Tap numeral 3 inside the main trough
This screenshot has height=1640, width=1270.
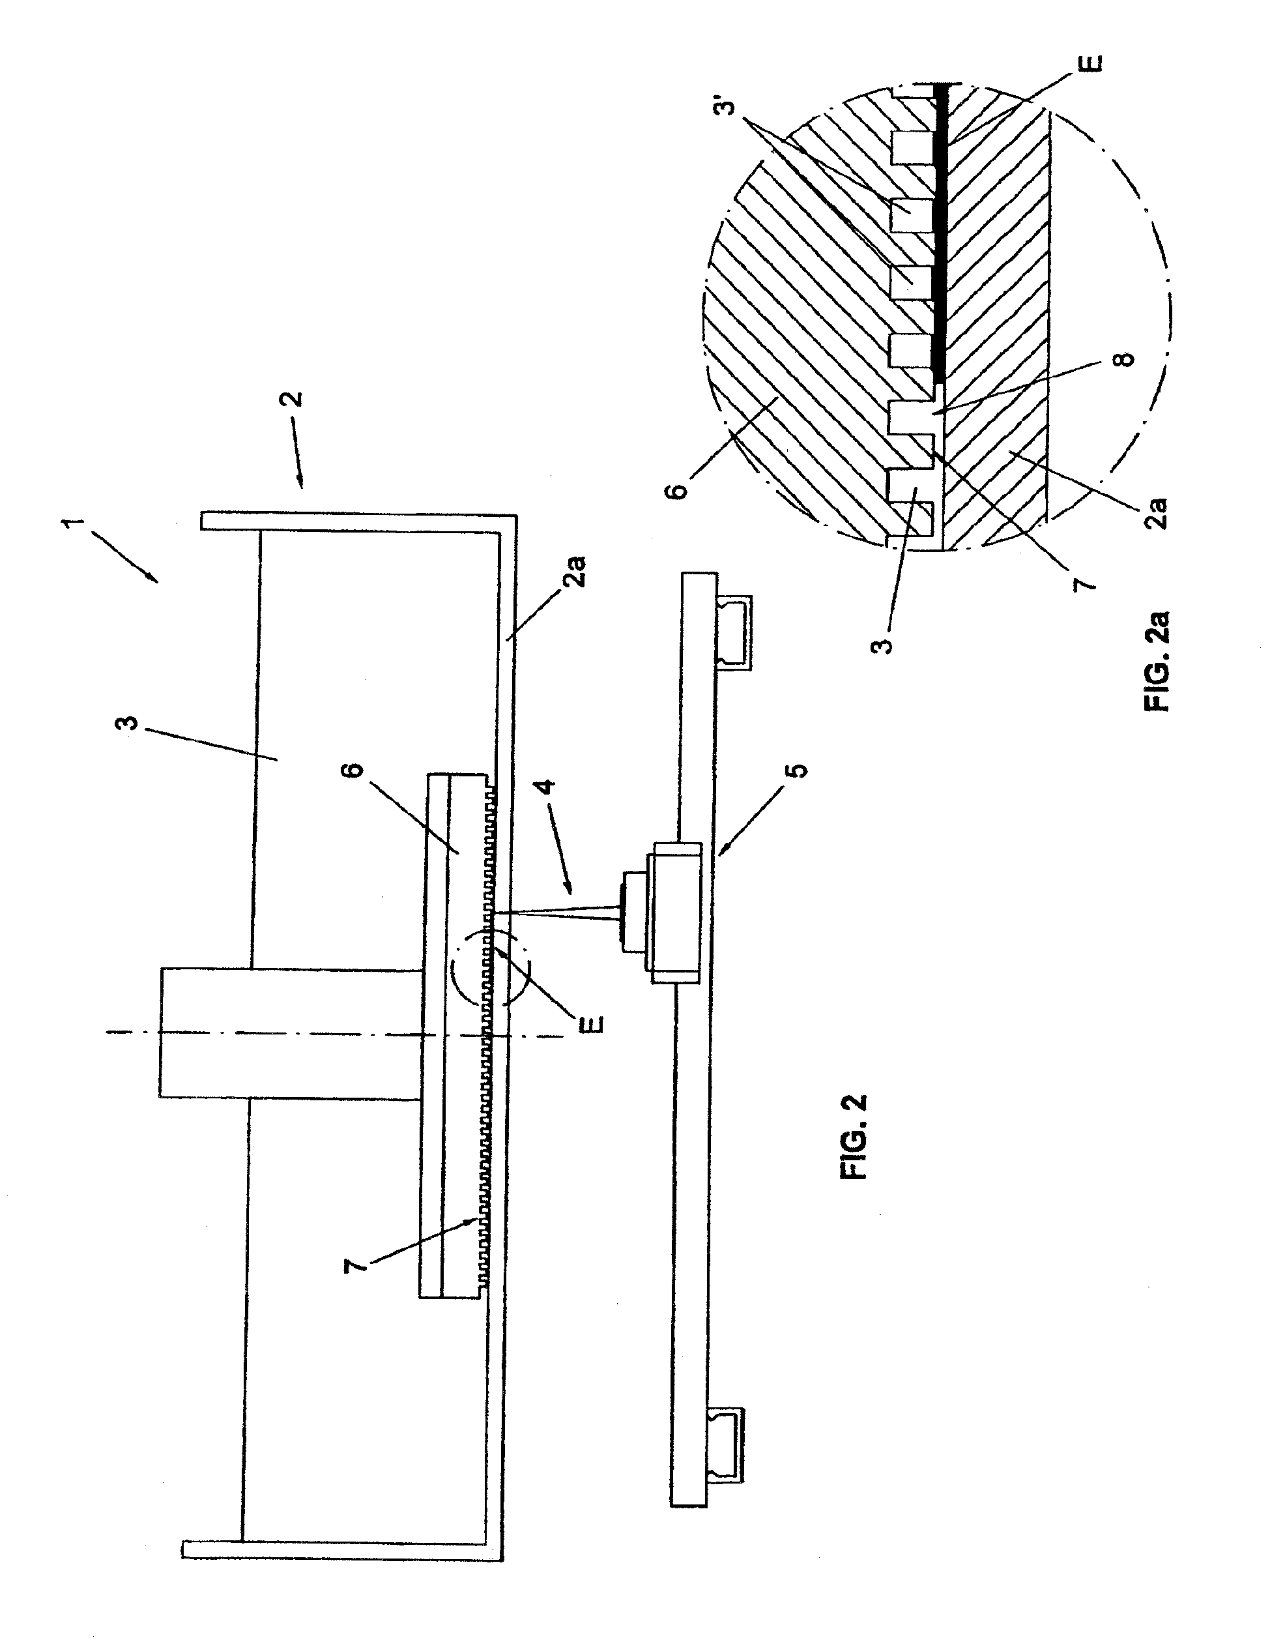130,725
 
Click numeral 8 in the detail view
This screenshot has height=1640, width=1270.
1125,360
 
